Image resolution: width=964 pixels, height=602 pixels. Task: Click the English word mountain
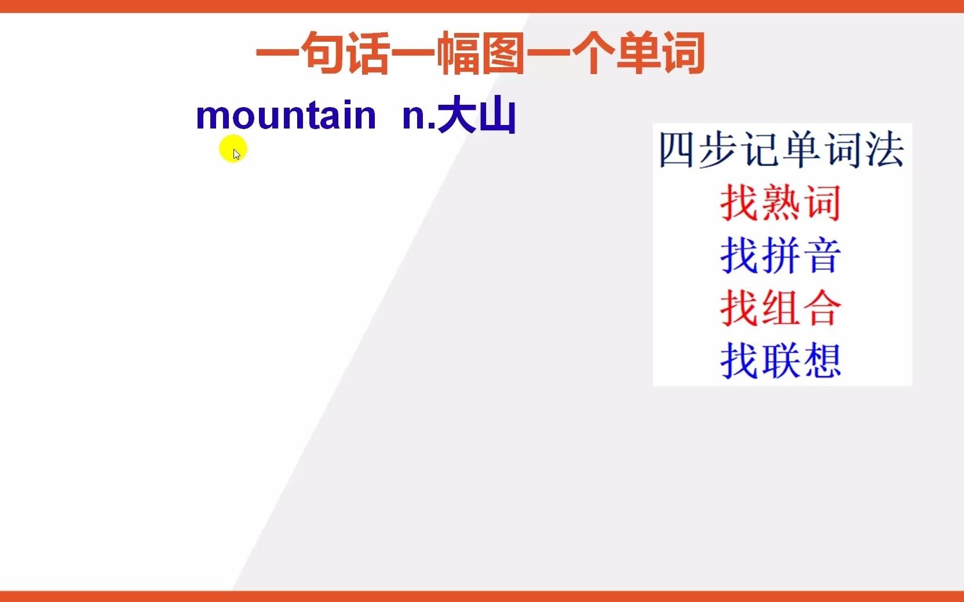(286, 116)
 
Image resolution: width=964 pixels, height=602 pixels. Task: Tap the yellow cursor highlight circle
(233, 149)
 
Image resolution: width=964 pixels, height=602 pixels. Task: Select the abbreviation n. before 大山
(418, 116)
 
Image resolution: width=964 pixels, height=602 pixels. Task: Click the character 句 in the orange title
(323, 53)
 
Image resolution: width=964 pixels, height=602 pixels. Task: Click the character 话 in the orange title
(368, 53)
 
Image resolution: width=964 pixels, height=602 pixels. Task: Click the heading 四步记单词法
(781, 150)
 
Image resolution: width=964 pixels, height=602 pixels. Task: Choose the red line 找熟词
(780, 203)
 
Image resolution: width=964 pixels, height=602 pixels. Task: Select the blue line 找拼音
(780, 255)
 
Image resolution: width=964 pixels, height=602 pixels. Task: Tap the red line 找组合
(780, 308)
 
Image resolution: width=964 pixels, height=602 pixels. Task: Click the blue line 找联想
(780, 361)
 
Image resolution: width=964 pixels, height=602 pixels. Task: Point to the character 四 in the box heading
(677, 150)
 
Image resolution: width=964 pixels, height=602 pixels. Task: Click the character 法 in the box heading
(885, 150)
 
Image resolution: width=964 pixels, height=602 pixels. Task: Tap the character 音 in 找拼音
(823, 255)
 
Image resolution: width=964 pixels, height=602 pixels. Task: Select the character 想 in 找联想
(823, 361)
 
